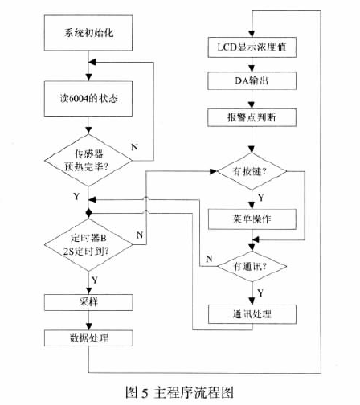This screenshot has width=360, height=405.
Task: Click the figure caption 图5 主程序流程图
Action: point(179,391)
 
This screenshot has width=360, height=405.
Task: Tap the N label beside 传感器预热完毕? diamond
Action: point(134,148)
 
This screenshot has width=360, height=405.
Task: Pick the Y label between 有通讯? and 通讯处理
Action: point(262,291)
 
